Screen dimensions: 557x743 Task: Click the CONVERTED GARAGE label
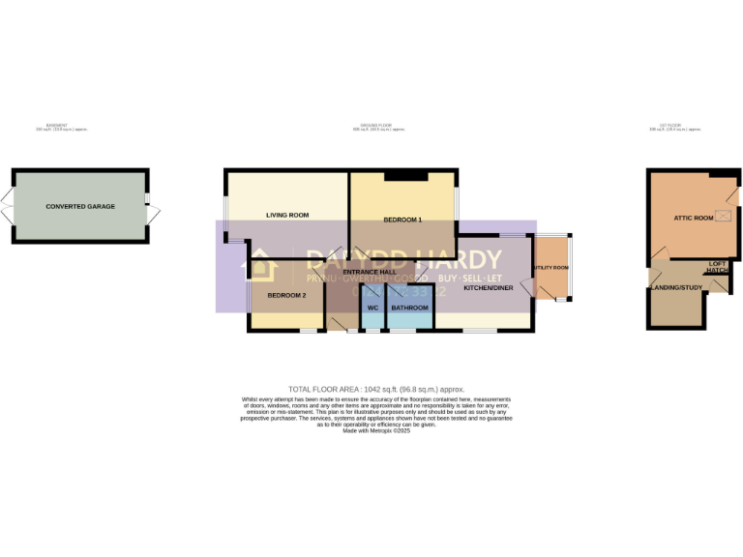[x=80, y=207]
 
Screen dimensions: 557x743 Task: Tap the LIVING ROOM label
[x=287, y=215]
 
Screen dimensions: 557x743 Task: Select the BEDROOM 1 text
[x=402, y=220]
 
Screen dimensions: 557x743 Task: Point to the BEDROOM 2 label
[x=286, y=295]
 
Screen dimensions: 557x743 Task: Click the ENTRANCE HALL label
[x=370, y=273]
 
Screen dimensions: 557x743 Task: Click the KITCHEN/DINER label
[x=489, y=288]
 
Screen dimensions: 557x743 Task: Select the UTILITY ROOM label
[x=551, y=268]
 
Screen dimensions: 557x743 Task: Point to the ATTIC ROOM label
[x=694, y=219]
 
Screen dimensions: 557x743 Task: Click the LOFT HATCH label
[x=717, y=267]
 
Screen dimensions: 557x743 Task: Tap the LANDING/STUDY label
[x=675, y=287]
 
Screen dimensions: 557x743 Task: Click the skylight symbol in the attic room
[x=722, y=217]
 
